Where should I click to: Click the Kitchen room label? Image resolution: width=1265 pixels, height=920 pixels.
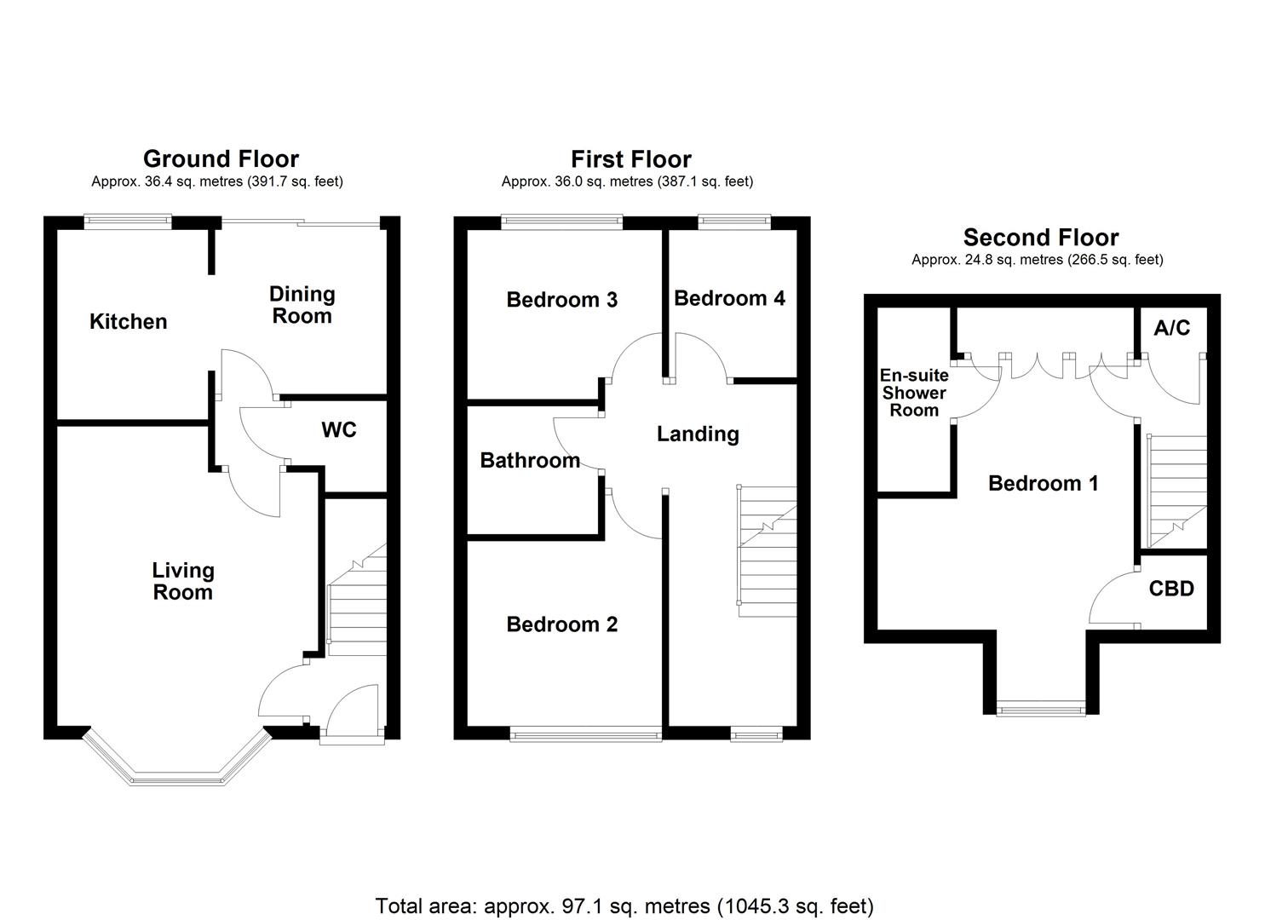(x=129, y=322)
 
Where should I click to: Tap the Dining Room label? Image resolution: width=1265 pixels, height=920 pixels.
(x=302, y=305)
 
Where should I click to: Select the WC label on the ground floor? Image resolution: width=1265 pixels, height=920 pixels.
(x=338, y=430)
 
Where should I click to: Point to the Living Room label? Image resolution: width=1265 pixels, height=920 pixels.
(x=183, y=581)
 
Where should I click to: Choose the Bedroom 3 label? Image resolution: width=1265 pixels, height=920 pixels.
(x=561, y=300)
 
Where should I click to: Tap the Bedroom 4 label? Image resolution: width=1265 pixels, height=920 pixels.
(x=729, y=298)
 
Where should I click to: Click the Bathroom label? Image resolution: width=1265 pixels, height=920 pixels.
(x=530, y=461)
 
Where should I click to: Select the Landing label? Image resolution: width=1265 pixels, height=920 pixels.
(x=698, y=434)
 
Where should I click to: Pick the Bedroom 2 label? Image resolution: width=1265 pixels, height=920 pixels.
(x=561, y=624)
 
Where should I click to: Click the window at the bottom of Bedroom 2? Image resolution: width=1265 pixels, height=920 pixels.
(x=585, y=733)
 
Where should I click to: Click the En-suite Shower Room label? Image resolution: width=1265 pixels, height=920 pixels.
(x=914, y=393)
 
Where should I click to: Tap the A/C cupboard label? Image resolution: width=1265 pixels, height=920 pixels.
(x=1172, y=328)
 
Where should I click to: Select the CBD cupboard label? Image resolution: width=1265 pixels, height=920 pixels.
(x=1171, y=589)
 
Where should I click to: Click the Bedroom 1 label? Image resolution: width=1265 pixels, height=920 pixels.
(x=1043, y=484)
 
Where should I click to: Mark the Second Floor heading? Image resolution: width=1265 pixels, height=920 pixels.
(x=1040, y=238)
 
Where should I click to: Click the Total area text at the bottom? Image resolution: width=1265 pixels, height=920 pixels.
(x=624, y=906)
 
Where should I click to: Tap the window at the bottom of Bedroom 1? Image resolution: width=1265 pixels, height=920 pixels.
(x=1041, y=707)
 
